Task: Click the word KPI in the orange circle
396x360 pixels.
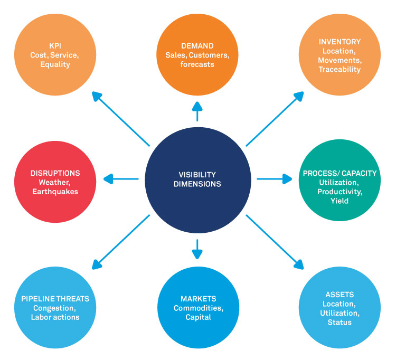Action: [55, 45]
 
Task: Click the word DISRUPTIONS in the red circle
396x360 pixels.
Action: [55, 173]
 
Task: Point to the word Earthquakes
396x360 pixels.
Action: [55, 192]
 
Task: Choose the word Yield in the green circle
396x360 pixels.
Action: [340, 201]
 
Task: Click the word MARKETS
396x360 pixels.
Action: [198, 298]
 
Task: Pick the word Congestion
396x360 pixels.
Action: [55, 308]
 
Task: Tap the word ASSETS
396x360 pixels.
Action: [340, 295]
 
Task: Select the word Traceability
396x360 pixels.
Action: [340, 69]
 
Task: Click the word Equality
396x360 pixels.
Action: [55, 64]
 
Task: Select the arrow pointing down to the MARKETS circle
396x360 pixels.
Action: [197, 249]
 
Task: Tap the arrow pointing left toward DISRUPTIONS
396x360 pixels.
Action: [121, 179]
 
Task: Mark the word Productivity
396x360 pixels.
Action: [340, 192]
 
